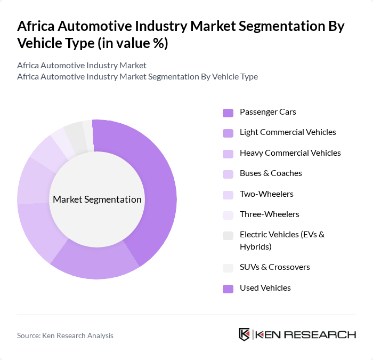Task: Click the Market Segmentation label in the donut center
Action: [x=97, y=199]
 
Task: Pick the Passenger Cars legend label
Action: [x=267, y=112]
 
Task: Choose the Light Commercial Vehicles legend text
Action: [x=288, y=132]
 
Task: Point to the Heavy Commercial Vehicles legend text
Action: [x=290, y=153]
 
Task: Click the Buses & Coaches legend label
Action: [x=271, y=173]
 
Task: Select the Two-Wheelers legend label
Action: [x=266, y=194]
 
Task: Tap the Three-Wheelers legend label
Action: [x=269, y=214]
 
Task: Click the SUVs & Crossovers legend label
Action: [x=274, y=267]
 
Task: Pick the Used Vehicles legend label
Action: [x=265, y=288]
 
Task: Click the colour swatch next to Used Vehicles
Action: [x=228, y=289]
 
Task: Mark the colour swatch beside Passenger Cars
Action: [x=228, y=113]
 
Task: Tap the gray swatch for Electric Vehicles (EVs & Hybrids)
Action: [x=228, y=235]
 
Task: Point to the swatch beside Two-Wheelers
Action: [x=228, y=194]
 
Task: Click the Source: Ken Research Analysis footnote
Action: [x=65, y=335]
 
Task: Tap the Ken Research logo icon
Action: [x=244, y=334]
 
